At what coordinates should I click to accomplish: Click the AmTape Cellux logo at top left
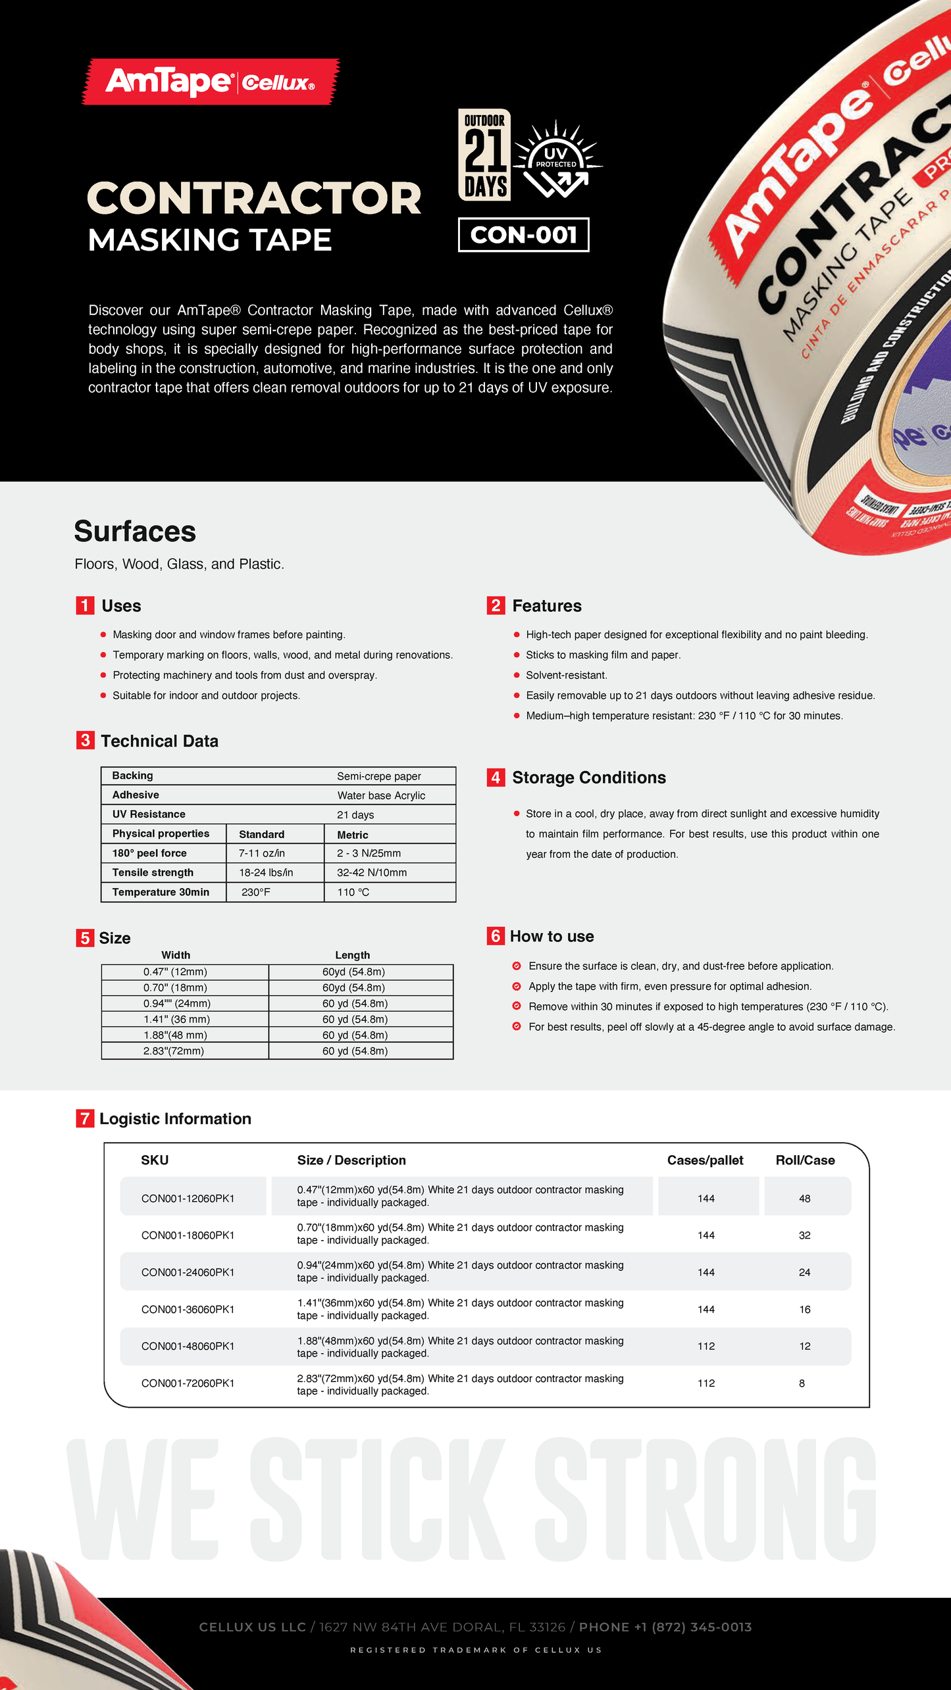coord(210,82)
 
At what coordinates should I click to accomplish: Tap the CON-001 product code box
coord(523,235)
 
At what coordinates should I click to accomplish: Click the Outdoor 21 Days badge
coord(485,155)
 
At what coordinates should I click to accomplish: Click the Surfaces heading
coord(135,532)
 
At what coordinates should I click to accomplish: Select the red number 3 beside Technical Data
coord(85,741)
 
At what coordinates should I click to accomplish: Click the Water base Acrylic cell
coord(381,795)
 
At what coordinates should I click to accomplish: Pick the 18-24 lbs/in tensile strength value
coord(266,872)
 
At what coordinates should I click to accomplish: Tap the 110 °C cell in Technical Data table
coord(353,892)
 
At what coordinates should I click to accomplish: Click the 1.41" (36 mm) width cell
coord(176,1019)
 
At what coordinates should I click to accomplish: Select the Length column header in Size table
coord(352,955)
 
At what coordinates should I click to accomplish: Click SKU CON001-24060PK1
coord(188,1272)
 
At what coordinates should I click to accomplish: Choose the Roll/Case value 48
coord(804,1198)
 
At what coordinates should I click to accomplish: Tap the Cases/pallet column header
coord(705,1160)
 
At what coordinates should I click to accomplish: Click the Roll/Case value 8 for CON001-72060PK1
coord(802,1383)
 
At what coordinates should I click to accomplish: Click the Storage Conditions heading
coord(589,778)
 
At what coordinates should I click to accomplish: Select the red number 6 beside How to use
coord(496,935)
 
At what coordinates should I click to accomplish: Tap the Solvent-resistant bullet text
coord(566,675)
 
